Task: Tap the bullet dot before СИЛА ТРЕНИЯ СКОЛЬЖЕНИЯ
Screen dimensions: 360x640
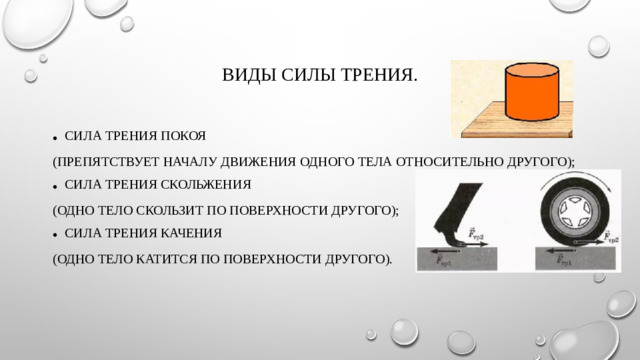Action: point(55,186)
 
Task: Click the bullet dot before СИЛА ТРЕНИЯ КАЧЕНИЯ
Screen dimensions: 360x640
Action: point(55,235)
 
